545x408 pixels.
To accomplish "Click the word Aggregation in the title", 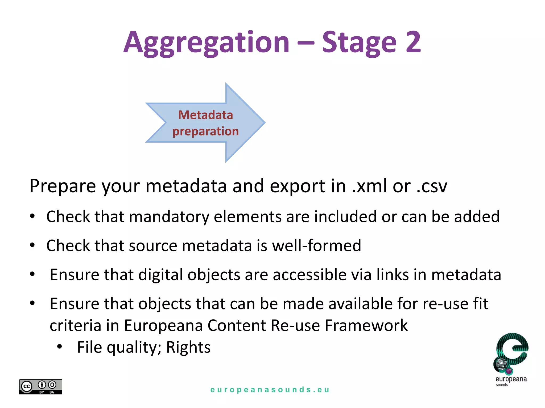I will click(x=207, y=42).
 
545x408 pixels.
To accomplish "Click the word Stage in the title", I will click(x=359, y=42).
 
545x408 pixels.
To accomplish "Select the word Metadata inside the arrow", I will click(x=205, y=115).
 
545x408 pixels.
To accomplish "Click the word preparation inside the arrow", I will click(x=205, y=131).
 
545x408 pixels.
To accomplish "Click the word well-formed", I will click(x=316, y=245).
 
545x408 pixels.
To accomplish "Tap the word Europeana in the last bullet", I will click(x=163, y=325).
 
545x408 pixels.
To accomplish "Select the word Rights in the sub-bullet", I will click(x=188, y=347).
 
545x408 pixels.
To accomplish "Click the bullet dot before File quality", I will click(x=59, y=347).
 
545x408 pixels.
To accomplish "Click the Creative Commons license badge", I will click(x=40, y=387).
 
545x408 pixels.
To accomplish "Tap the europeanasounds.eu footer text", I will click(x=270, y=390).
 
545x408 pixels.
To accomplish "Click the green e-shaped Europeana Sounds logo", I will click(x=511, y=353).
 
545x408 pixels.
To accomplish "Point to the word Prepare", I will click(x=63, y=186).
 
